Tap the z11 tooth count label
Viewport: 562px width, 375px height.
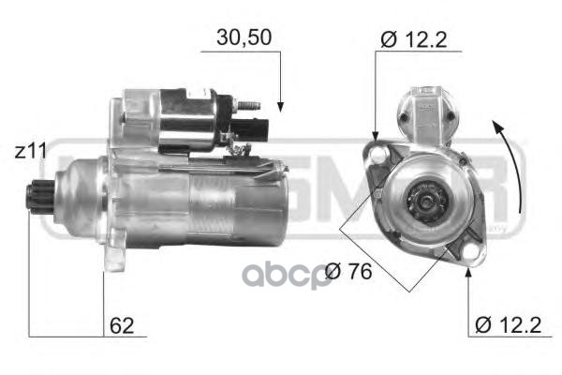tap(31, 150)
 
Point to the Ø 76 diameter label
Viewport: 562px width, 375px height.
tap(348, 273)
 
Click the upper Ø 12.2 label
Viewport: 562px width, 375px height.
tap(412, 40)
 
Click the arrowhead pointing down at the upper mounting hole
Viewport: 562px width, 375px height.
tap(375, 136)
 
